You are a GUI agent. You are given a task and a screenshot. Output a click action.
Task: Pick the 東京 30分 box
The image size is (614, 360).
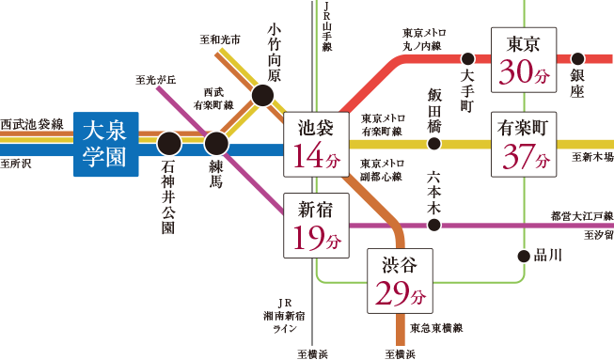(523, 58)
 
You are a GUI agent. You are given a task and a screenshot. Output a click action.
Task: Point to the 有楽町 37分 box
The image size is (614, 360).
(523, 145)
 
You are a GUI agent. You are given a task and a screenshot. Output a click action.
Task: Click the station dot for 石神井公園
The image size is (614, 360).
(169, 144)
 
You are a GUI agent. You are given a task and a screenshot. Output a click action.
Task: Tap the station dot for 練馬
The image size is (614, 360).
(216, 144)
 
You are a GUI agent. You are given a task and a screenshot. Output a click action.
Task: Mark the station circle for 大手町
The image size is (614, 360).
(466, 57)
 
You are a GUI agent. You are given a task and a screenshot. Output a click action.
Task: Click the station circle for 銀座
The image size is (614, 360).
(577, 57)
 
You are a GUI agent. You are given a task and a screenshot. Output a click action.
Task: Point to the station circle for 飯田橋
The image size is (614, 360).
(433, 144)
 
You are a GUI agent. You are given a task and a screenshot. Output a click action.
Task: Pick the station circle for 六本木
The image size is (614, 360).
(433, 225)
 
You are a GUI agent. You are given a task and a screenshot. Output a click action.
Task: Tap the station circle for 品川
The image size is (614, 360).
(524, 256)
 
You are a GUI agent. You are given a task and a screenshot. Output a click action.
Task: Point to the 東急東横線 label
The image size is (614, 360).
(436, 327)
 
